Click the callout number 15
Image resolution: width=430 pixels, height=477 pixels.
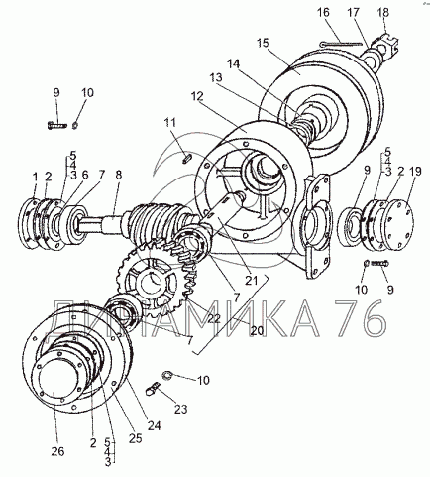click(263, 44)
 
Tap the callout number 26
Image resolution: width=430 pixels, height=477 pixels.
click(57, 451)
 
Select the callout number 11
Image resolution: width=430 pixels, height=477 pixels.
click(170, 123)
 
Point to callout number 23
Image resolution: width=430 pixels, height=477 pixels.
click(180, 409)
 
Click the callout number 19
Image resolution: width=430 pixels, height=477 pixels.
click(415, 172)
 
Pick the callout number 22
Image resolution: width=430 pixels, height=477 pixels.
click(214, 318)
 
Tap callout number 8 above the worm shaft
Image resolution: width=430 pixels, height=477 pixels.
click(118, 175)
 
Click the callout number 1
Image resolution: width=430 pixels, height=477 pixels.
click(36, 177)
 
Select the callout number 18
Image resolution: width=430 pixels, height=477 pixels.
click(383, 12)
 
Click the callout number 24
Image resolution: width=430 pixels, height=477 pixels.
click(154, 425)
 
